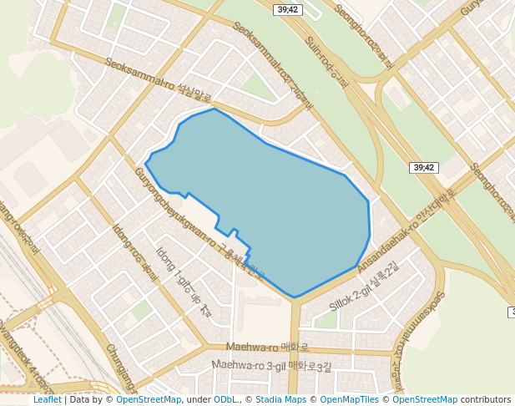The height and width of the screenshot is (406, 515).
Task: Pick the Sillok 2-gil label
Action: coord(365,287)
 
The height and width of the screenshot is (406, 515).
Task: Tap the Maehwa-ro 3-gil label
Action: coord(271,365)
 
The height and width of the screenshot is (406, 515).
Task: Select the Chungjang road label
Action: coord(121,368)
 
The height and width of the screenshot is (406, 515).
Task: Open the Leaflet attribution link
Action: coord(48,399)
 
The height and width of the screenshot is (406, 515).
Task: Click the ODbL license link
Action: coord(225,399)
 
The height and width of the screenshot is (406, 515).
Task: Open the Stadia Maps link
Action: coord(280,399)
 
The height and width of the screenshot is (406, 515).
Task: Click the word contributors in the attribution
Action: coord(486,399)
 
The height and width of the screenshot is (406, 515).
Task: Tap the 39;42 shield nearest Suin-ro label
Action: coord(288,9)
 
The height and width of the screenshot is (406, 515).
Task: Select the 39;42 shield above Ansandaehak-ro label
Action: coord(424,168)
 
